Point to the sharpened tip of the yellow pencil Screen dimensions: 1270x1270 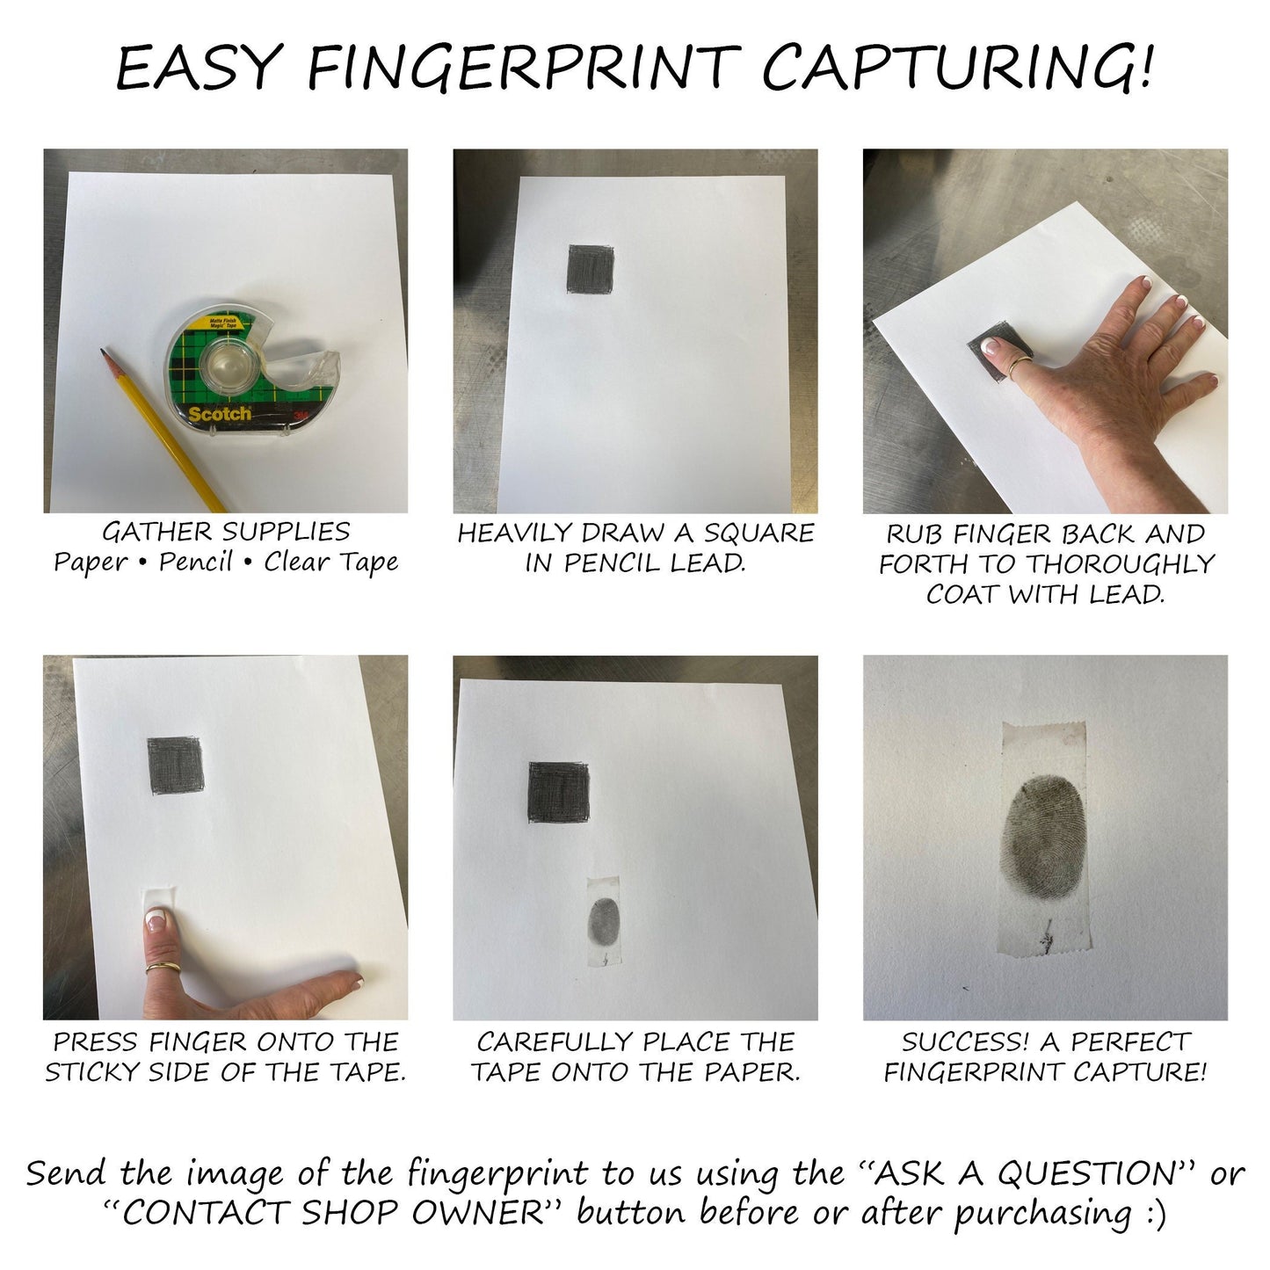coord(103,352)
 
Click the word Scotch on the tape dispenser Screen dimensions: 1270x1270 coord(220,414)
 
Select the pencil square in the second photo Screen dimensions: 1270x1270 coord(591,269)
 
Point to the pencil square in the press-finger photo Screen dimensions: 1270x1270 coord(175,766)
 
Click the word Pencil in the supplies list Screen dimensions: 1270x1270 coord(196,562)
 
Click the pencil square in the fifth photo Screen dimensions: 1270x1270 coord(559,792)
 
